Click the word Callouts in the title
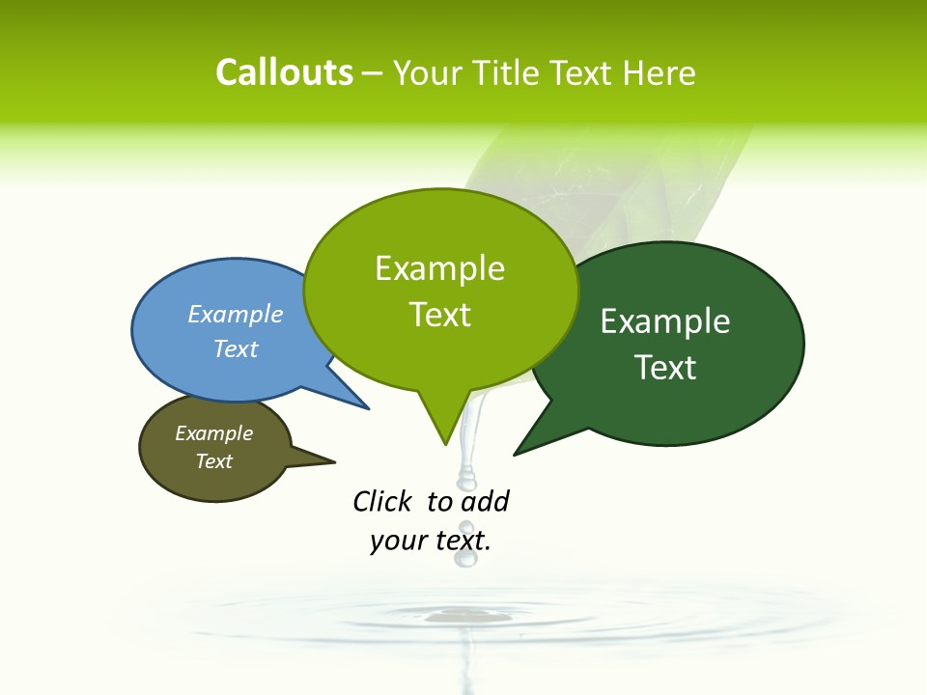pos(284,72)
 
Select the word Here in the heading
pos(660,73)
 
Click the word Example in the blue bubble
pos(236,314)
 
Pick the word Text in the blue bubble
pos(236,348)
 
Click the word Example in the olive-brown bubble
pos(213,433)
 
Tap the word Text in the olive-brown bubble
pos(213,461)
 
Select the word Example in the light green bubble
pos(439,268)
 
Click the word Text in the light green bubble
pos(439,315)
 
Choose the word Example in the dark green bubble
pos(665,320)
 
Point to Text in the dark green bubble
pos(665,367)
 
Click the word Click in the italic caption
pos(382,502)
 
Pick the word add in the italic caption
pos(485,502)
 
